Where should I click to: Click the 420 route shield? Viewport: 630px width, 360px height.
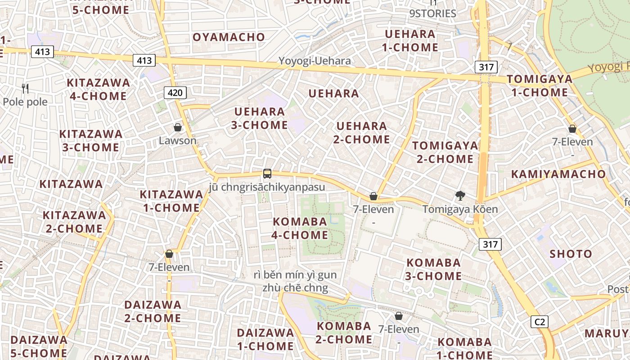tap(175, 93)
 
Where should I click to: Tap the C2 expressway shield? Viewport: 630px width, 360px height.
tap(539, 322)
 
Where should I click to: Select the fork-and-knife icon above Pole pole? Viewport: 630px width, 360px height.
tap(25, 89)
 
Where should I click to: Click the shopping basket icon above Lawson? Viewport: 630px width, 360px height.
tap(178, 128)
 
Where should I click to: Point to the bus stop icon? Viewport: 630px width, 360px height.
tap(267, 173)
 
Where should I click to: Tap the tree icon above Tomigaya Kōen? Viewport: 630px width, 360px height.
tap(460, 196)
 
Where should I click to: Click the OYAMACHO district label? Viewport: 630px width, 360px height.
tap(229, 37)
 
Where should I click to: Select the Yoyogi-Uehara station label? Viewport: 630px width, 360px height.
tap(314, 61)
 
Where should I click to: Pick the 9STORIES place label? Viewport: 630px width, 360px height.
tap(432, 13)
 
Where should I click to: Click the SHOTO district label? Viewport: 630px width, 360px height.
tap(571, 254)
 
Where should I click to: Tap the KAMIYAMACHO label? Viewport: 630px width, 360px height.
tap(558, 174)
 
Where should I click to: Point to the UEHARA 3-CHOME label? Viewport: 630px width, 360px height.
tap(260, 118)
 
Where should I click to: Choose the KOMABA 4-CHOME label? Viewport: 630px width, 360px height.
tap(300, 228)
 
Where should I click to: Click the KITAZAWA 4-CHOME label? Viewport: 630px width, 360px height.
tap(98, 89)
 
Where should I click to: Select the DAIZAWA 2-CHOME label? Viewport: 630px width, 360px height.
tap(153, 311)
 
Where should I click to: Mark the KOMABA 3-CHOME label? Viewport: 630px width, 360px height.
tap(433, 269)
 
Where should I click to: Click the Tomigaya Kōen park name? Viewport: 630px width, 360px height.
tap(460, 209)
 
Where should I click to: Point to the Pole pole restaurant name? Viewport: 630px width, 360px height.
tap(25, 102)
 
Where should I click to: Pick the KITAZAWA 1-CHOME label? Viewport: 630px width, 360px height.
tap(171, 201)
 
